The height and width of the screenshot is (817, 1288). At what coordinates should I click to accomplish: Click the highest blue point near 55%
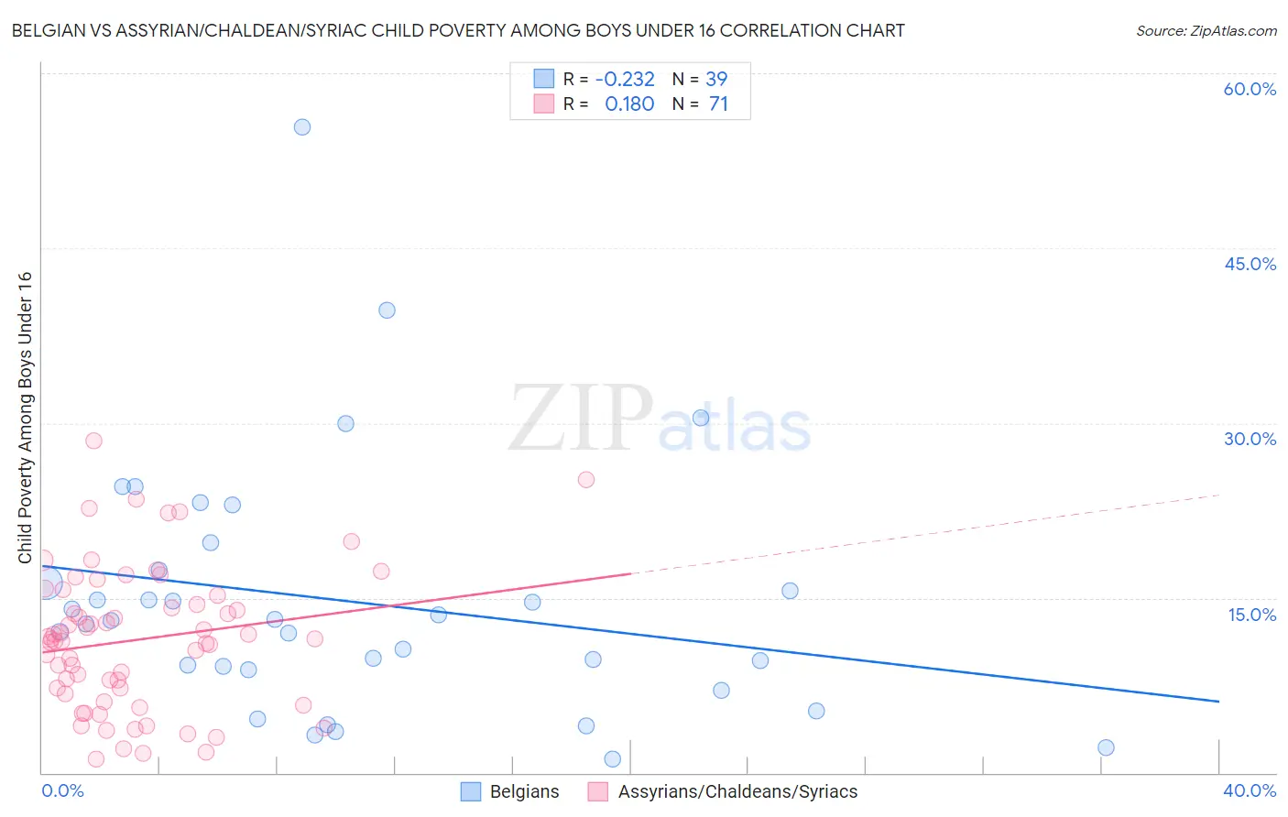pos(302,127)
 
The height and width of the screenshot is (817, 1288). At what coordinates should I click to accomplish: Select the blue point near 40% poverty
pos(387,310)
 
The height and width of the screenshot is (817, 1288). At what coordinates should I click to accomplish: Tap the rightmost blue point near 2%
pos(1106,747)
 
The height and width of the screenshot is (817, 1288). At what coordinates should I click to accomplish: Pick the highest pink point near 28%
pos(93,441)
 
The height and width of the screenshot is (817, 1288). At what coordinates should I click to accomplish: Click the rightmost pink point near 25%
pos(586,480)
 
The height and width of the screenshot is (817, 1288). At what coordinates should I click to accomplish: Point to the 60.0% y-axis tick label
pos(1250,89)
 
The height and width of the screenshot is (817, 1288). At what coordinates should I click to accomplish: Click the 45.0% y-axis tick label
pos(1250,264)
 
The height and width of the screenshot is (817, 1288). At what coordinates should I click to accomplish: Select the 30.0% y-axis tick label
pos(1250,439)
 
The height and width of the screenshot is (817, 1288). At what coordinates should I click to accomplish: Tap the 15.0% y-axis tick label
pos(1251,615)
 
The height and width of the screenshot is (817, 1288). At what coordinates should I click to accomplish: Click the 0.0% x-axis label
pos(63,790)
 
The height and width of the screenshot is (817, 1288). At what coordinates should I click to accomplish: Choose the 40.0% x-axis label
pos(1250,790)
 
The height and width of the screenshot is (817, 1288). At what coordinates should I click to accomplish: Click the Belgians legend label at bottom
pos(524,792)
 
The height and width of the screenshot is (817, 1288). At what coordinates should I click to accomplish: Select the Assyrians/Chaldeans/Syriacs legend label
pos(737,792)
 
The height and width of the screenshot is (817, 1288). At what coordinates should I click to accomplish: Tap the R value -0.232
pos(625,80)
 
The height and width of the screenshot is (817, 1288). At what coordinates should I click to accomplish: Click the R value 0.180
pos(629,104)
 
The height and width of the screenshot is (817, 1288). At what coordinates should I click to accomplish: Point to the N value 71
pos(718,104)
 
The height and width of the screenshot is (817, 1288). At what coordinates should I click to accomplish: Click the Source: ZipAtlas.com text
pos(1206,31)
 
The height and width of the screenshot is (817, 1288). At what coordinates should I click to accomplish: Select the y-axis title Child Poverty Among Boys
pos(26,418)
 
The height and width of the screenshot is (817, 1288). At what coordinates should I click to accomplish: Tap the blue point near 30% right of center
pos(701,418)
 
